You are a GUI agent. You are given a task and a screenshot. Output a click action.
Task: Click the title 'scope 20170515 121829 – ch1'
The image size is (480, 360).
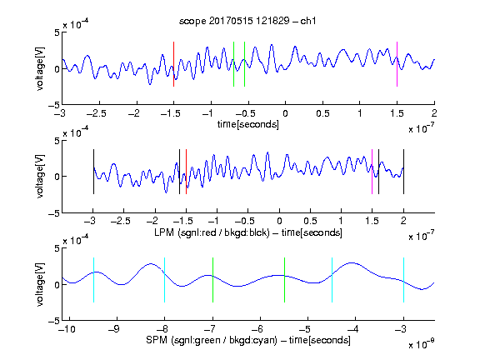tap(247, 21)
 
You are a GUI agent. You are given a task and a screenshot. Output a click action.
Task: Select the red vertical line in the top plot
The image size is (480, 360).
tap(173, 64)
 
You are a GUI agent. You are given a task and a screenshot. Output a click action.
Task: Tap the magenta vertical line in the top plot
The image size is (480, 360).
tap(397, 64)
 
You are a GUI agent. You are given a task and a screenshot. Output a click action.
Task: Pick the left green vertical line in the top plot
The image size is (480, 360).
tap(233, 64)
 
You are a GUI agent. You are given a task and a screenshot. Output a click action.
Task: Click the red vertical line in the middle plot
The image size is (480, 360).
tap(186, 172)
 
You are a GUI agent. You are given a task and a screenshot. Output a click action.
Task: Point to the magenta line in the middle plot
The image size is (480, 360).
tap(372, 172)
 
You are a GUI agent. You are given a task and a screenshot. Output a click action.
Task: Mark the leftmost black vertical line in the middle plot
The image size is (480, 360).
tap(93, 172)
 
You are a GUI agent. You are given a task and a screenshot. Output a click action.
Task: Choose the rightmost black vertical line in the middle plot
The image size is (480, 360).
tap(403, 172)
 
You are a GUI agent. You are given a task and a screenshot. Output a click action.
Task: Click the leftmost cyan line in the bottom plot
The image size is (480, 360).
tap(93, 280)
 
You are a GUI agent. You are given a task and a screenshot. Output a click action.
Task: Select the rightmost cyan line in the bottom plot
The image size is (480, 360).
tap(403, 280)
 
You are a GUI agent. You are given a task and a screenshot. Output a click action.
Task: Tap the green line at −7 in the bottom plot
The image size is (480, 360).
tap(212, 280)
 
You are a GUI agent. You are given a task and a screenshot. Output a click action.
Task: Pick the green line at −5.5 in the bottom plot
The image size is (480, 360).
tap(284, 280)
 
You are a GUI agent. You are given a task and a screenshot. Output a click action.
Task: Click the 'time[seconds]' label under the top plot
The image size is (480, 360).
tap(248, 124)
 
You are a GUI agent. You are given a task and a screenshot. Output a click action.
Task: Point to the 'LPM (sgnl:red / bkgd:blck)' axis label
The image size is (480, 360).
tap(212, 232)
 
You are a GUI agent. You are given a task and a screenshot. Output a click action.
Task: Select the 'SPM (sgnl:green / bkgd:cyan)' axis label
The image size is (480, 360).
tap(212, 340)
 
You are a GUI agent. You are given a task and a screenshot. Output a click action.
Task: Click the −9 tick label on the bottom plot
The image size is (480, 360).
tap(114, 329)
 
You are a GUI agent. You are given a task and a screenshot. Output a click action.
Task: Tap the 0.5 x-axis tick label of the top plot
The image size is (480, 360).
tap(322, 113)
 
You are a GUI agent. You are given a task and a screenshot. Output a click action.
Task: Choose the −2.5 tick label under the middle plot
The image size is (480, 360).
tap(121, 221)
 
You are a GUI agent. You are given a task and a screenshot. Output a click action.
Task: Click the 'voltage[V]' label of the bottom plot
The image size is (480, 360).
tap(40, 284)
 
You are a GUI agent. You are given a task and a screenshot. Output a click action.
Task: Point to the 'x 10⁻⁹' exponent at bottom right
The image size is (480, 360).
tap(422, 345)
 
